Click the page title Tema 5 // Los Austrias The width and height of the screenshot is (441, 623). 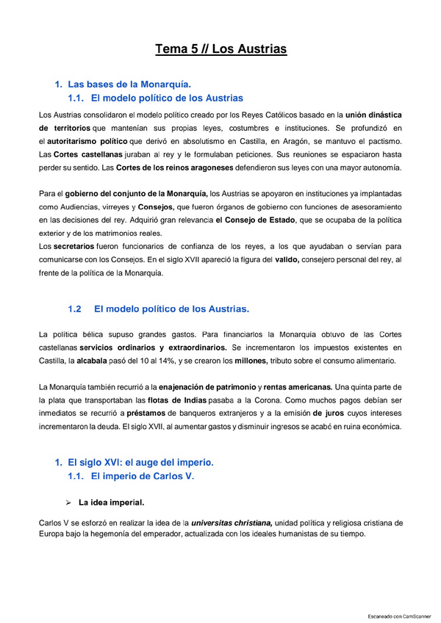220,49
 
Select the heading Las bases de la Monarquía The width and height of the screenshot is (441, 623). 129,84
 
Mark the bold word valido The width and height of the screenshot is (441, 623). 290,259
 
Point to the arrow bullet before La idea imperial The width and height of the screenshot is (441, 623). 67,503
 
